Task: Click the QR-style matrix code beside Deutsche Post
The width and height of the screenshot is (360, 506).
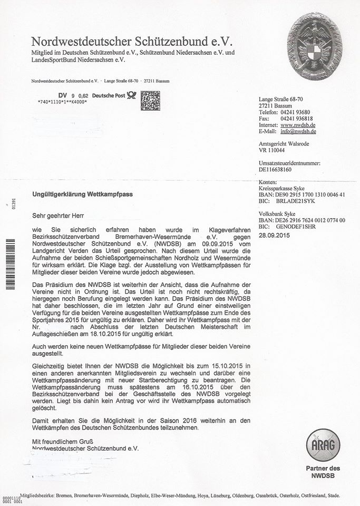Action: click(x=150, y=100)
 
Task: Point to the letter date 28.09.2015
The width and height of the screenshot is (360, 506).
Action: click(x=275, y=235)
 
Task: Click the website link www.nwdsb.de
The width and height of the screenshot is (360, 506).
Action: click(x=298, y=125)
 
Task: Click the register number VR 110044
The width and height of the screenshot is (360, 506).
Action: click(x=272, y=150)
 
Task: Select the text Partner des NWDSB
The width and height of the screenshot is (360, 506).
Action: click(x=323, y=472)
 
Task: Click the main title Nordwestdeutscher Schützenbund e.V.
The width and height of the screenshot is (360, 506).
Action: click(x=131, y=41)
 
